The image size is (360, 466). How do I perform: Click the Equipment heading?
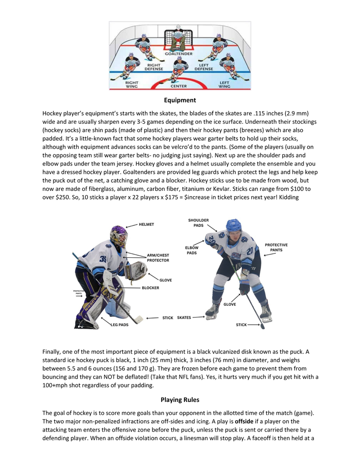180,100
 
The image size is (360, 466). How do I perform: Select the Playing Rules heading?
180,400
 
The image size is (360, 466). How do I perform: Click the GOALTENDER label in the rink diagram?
180,54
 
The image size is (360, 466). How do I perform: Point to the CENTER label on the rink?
179,86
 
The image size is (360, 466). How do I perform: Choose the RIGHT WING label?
132,84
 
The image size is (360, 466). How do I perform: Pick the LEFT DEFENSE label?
204,67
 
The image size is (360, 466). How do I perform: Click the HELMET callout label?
146,224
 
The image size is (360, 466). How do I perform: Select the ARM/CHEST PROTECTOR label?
158,258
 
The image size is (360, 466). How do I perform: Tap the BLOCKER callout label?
150,288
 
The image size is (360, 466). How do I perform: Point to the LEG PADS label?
120,325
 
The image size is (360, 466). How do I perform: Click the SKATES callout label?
184,318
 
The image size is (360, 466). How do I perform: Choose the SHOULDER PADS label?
198,223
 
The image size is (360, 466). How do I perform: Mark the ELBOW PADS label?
192,250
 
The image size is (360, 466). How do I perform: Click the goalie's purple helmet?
118,235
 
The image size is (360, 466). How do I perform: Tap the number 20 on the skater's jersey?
249,251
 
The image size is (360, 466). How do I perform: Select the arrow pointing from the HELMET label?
131,225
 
